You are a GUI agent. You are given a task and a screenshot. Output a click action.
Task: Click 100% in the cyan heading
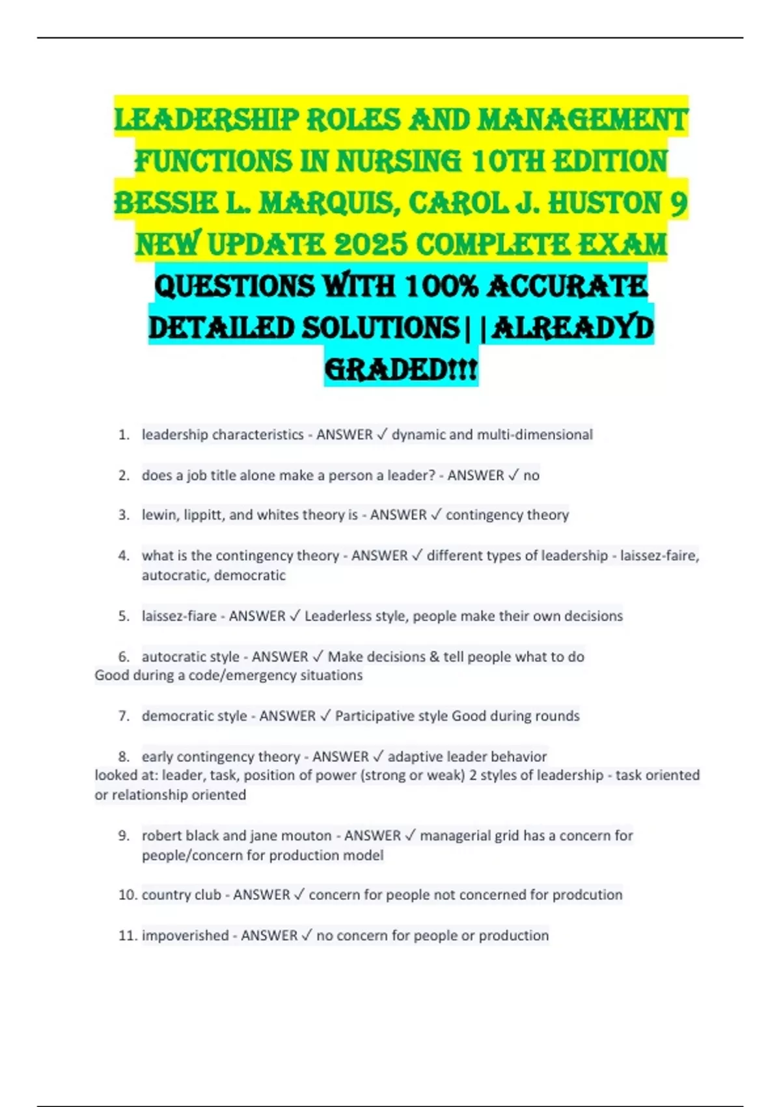(x=442, y=287)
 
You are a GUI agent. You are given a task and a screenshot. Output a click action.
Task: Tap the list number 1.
(x=124, y=434)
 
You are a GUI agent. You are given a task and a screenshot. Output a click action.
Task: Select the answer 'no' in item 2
(x=531, y=475)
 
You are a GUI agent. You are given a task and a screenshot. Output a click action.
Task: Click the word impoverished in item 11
(x=185, y=936)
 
